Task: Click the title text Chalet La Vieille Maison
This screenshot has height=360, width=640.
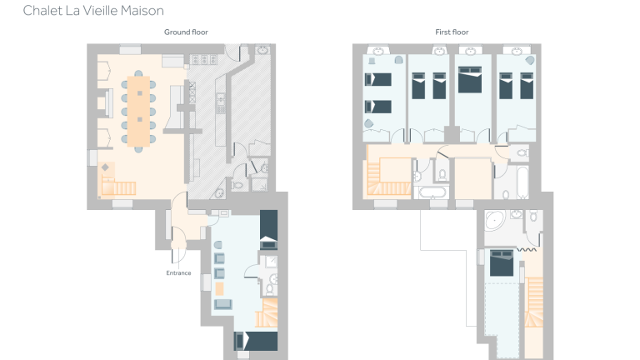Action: click(92, 11)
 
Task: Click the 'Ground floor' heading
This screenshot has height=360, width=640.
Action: click(186, 32)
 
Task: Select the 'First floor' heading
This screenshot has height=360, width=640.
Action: click(452, 32)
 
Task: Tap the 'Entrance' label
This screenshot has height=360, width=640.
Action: click(178, 272)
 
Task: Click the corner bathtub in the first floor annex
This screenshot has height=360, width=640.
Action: click(493, 222)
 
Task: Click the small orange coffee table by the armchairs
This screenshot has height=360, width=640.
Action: click(220, 289)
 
